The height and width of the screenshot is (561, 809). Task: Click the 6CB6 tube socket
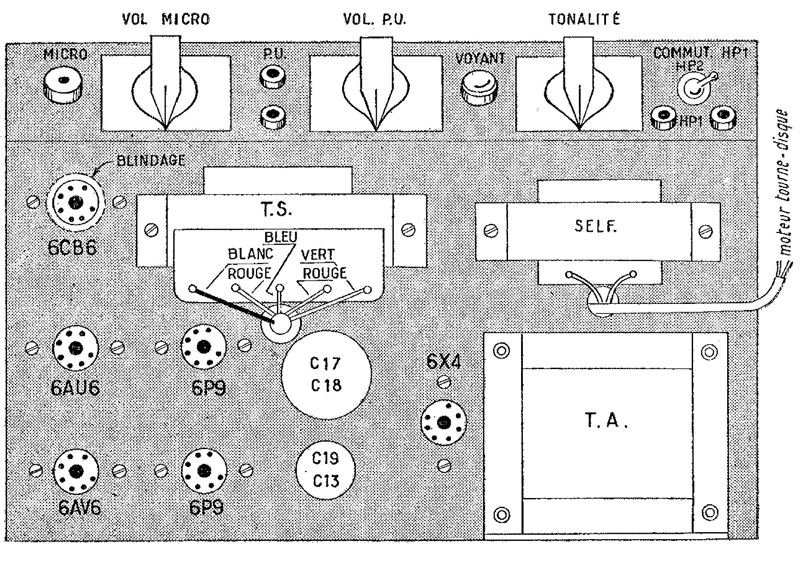(76, 202)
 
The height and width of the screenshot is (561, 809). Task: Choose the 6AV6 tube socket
(76, 471)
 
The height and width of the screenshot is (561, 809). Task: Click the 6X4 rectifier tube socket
(444, 422)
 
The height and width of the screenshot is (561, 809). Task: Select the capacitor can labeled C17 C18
(326, 374)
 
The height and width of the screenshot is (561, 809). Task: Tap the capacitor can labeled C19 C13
(326, 470)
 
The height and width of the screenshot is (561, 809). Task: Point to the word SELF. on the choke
(595, 226)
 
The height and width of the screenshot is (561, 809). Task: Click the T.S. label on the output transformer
(277, 209)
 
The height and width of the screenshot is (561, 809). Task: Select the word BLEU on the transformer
(280, 237)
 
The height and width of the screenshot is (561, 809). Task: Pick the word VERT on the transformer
(317, 254)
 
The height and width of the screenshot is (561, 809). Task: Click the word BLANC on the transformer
(251, 254)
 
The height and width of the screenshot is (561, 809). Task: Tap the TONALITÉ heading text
(584, 19)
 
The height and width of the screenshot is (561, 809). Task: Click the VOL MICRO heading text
(166, 19)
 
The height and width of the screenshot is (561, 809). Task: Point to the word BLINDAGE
(151, 160)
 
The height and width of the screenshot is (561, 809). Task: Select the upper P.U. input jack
(273, 76)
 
